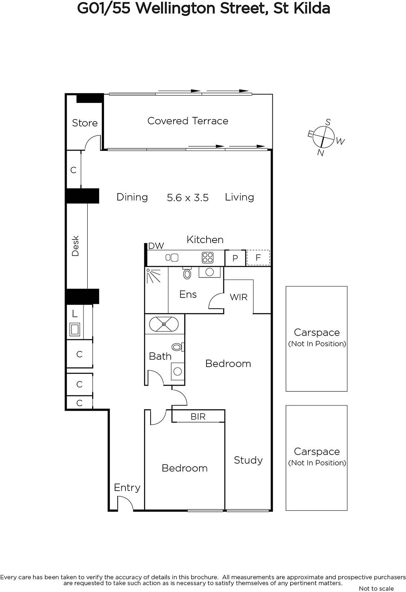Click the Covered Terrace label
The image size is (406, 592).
(188, 121)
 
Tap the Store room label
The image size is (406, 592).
(85, 123)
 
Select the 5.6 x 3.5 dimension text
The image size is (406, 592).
(188, 198)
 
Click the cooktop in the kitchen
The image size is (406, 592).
(208, 258)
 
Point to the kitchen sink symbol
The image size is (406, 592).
(172, 258)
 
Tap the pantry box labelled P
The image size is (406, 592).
(235, 258)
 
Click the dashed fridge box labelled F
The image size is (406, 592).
(258, 258)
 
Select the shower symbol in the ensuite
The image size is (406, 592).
(154, 275)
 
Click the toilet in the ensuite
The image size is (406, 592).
(187, 273)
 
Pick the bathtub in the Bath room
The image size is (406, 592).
(164, 324)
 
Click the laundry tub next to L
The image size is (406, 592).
(75, 329)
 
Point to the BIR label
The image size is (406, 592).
(198, 417)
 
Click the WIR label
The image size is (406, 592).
(238, 297)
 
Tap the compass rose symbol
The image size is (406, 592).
(323, 137)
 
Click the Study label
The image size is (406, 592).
(248, 460)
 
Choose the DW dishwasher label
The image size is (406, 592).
(156, 246)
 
